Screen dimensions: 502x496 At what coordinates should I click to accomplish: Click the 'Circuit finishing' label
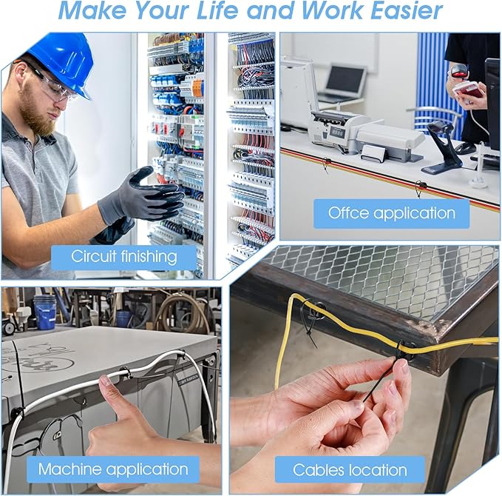[x=124, y=256]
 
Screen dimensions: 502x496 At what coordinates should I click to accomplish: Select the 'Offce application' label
[x=392, y=213]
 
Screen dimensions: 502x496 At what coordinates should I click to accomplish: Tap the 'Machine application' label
[x=113, y=469]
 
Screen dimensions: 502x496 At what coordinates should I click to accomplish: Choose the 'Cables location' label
[x=350, y=470]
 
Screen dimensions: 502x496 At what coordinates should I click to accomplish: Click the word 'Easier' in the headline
[x=407, y=10]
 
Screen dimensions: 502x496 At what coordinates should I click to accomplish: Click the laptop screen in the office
[x=347, y=79]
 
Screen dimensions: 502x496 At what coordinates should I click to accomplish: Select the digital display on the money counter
[x=337, y=132]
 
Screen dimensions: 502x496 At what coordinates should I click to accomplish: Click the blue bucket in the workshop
[x=45, y=312]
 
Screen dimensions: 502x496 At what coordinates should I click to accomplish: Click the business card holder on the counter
[x=373, y=153]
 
